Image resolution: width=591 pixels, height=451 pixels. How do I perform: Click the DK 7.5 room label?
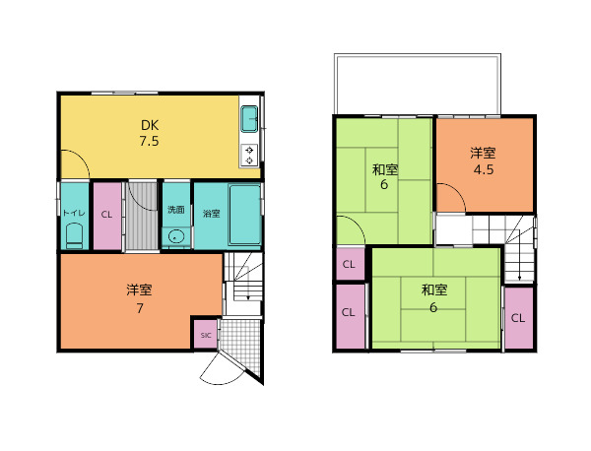pyautogui.click(x=150, y=133)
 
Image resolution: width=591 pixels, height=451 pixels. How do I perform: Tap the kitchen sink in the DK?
pyautogui.click(x=249, y=119)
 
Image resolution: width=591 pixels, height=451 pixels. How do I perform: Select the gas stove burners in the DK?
pyautogui.click(x=249, y=156)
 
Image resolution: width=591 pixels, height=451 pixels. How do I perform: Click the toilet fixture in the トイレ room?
pyautogui.click(x=75, y=236)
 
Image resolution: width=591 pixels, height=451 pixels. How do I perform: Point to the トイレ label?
pyautogui.click(x=74, y=213)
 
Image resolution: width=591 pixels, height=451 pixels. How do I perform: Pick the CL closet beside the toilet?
pyautogui.click(x=107, y=216)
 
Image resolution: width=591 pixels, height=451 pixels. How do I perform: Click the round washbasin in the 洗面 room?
pyautogui.click(x=176, y=237)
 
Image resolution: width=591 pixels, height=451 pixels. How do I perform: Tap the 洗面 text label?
pyautogui.click(x=176, y=210)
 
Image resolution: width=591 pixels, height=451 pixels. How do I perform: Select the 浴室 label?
pyautogui.click(x=212, y=214)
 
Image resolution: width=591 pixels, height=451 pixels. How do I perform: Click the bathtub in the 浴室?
pyautogui.click(x=244, y=215)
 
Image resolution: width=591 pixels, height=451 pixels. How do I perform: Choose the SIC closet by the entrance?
pyautogui.click(x=206, y=335)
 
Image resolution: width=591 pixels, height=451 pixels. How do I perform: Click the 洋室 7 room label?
pyautogui.click(x=140, y=298)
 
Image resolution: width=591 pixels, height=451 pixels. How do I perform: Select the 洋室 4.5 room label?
pyautogui.click(x=484, y=161)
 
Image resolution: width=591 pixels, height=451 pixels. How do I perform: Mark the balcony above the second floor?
pyautogui.click(x=418, y=84)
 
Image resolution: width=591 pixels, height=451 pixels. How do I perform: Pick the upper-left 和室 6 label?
pyautogui.click(x=385, y=177)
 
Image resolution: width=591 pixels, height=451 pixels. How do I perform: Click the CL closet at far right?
pyautogui.click(x=519, y=318)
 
